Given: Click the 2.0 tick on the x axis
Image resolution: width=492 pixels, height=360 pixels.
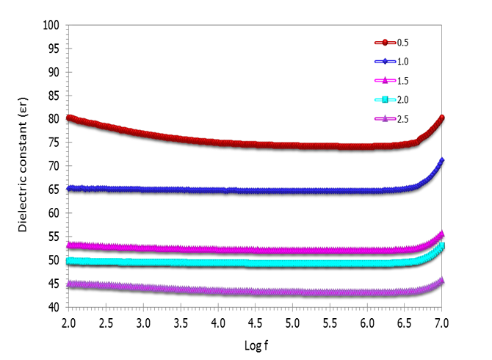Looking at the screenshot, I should click(x=68, y=323).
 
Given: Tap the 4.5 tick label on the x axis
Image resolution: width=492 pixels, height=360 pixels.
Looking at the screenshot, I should click(x=255, y=323).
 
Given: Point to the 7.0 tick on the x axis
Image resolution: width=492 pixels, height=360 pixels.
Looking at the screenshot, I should click(x=441, y=323).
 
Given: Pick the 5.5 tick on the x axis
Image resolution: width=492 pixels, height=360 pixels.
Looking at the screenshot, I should click(x=330, y=323).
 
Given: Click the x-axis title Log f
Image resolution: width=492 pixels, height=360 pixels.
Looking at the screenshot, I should click(x=255, y=344).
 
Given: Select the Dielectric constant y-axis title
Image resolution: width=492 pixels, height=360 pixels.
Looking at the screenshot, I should click(x=24, y=166).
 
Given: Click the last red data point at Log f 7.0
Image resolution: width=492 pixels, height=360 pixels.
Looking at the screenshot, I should click(x=442, y=118).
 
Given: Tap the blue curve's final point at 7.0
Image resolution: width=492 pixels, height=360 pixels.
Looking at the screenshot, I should click(x=441, y=160).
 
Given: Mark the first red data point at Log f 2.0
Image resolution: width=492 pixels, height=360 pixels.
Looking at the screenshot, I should click(x=69, y=118).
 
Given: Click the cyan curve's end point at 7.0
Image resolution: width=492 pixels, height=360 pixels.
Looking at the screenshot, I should click(x=442, y=245).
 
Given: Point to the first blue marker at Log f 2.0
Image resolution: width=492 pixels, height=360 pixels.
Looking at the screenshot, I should click(x=69, y=188).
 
